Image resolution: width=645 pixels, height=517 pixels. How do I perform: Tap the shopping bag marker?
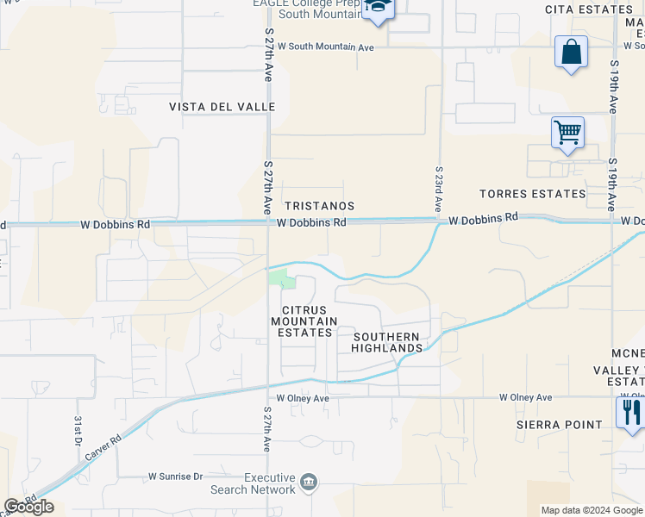(x=571, y=51)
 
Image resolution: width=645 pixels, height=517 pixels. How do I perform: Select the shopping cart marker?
(x=567, y=133)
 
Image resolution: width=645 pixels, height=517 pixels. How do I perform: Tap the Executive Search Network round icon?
(x=309, y=481)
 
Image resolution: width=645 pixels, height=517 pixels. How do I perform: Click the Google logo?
(x=29, y=507)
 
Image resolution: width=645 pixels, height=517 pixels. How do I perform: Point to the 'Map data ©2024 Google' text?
(x=591, y=510)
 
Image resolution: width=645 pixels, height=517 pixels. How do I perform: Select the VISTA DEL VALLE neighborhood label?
(x=222, y=107)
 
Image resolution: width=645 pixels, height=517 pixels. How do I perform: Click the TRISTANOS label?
(x=319, y=207)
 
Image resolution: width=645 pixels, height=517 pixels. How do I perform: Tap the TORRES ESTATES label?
(x=532, y=194)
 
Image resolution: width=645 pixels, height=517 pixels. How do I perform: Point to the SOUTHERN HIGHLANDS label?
(x=385, y=342)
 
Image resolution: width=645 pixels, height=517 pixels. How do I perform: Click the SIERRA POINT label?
(x=560, y=425)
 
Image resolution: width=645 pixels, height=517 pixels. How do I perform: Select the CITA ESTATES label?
(x=588, y=9)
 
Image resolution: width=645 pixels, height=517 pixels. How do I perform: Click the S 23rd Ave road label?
(x=439, y=190)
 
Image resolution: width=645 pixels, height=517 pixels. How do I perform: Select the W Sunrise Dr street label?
(x=175, y=476)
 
